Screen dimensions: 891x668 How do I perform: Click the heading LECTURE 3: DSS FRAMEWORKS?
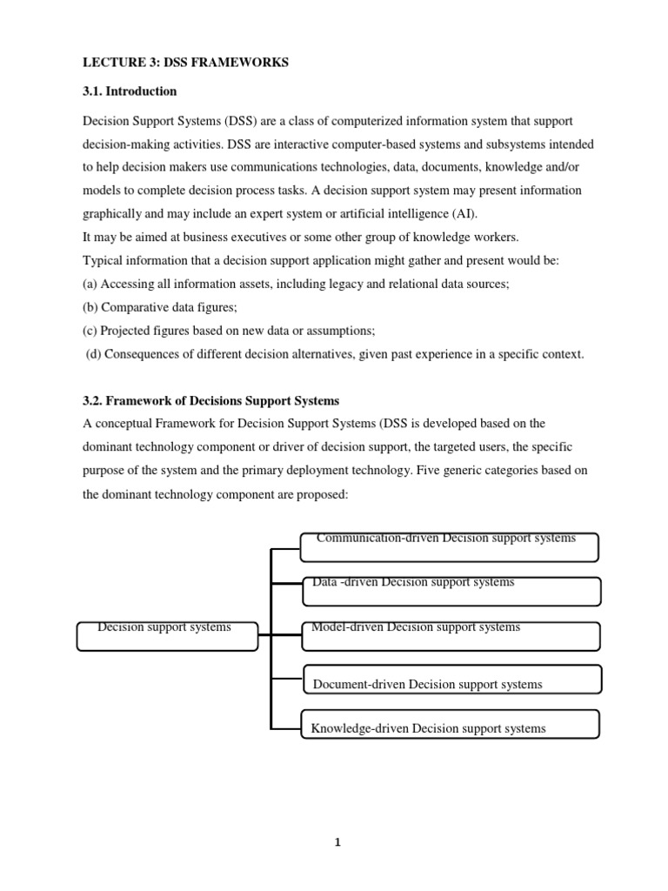tap(185, 64)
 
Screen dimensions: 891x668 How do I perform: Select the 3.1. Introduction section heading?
tap(130, 91)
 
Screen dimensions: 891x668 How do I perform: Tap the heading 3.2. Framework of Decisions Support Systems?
tap(210, 401)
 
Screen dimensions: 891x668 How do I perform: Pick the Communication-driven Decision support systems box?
tap(449, 547)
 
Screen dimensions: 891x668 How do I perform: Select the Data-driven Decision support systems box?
tap(451, 591)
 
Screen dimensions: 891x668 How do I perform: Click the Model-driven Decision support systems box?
tap(451, 636)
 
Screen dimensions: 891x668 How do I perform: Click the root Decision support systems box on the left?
tap(167, 636)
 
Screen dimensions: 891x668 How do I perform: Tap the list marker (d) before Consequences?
tap(94, 354)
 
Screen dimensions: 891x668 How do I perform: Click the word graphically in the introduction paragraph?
tap(117, 213)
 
